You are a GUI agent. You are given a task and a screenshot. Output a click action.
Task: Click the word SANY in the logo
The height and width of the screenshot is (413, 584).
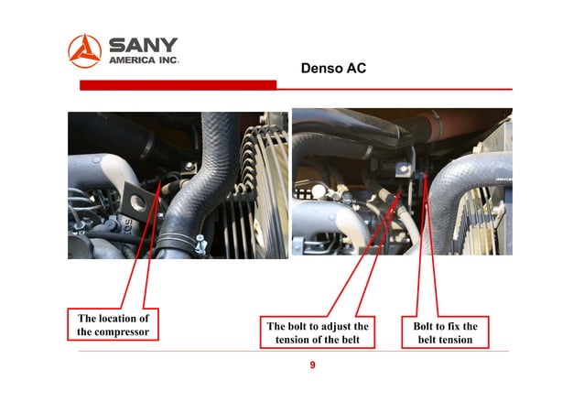tap(144, 45)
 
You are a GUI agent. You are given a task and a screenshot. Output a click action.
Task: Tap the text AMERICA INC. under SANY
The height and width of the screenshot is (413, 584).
tap(144, 60)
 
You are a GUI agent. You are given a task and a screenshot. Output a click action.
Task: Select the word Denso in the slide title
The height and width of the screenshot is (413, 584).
tap(320, 69)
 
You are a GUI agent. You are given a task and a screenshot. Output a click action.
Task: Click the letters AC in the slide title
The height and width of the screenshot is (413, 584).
tap(356, 69)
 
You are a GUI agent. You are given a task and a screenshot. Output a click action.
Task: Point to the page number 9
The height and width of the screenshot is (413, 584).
tap(312, 365)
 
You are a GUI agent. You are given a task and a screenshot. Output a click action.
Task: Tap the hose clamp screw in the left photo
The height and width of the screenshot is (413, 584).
tap(200, 243)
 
